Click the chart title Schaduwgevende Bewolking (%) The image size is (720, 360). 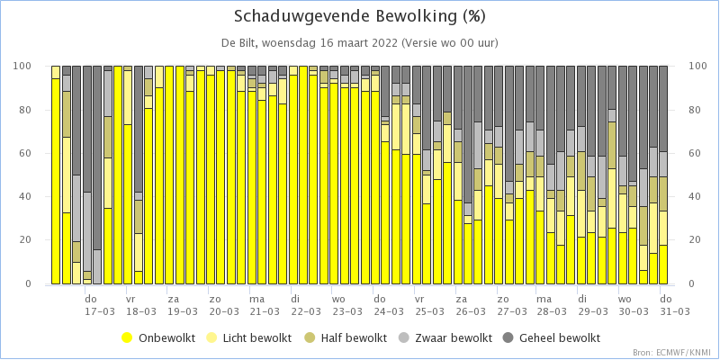pos(359,17)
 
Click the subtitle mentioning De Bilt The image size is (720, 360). pos(359,43)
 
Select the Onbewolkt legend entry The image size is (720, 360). pos(159,338)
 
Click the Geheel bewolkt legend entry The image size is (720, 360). pos(553,338)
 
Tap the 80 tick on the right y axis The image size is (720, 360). pos(683,110)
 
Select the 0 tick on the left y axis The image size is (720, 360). pos(40,283)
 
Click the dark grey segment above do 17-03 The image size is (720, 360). pos(86,129)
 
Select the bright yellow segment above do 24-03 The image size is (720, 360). pos(374,187)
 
